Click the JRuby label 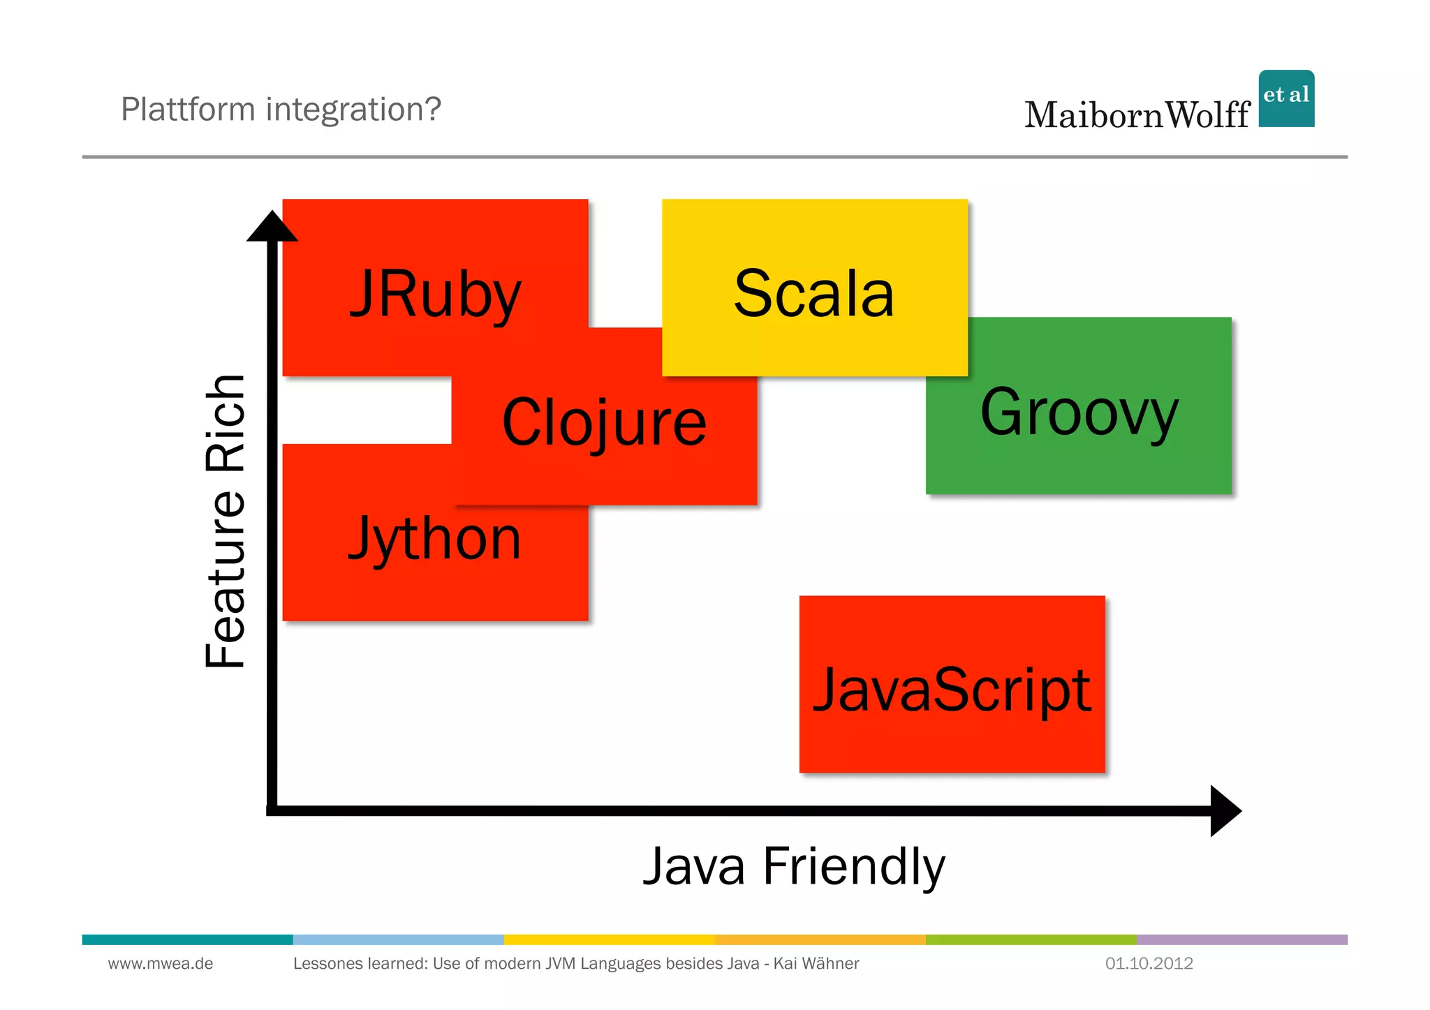click(435, 295)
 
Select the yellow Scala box click(814, 288)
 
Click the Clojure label click(604, 422)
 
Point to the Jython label click(434, 539)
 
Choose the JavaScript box click(952, 684)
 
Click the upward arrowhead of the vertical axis click(272, 228)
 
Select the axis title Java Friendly click(794, 866)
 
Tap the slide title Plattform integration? click(281, 110)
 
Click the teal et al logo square click(1286, 98)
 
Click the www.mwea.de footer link click(161, 964)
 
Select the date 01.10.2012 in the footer click(1149, 964)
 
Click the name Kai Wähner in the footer click(816, 964)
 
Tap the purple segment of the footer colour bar click(1241, 940)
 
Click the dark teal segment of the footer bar click(187, 940)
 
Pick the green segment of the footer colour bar click(1031, 940)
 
